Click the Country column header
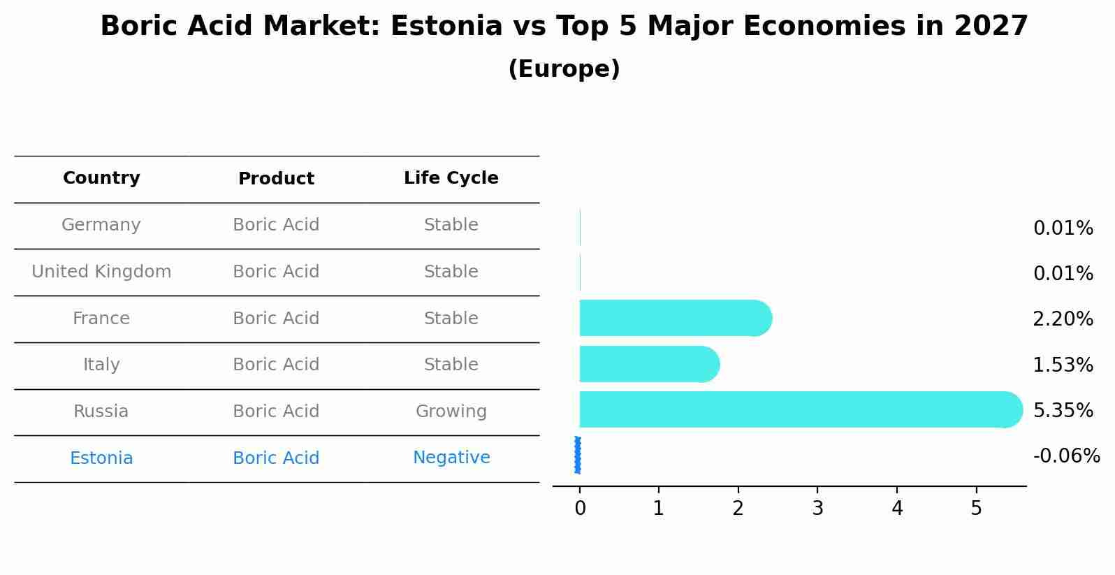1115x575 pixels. point(101,178)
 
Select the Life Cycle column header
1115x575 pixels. point(451,178)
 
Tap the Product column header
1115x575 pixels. point(276,179)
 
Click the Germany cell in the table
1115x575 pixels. point(101,225)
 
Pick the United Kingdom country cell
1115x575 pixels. point(101,272)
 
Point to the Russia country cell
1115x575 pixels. point(101,412)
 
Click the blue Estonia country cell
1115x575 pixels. point(101,458)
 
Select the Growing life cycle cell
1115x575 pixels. point(451,412)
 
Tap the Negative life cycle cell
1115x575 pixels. point(451,458)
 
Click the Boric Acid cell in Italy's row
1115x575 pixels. point(276,365)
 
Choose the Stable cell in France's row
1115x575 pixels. point(451,319)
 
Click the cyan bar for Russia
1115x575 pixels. point(796,409)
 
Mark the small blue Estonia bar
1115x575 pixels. point(578,455)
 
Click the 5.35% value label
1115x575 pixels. point(1063,411)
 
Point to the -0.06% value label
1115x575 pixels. point(1066,456)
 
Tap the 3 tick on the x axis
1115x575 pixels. point(817,509)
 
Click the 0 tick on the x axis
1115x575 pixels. point(580,509)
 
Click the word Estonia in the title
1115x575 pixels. point(446,27)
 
